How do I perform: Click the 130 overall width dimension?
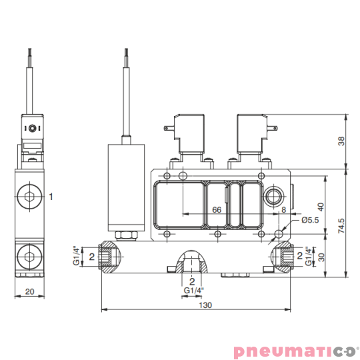(x=205, y=305)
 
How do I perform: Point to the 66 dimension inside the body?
(x=217, y=209)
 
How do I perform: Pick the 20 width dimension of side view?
(x=29, y=291)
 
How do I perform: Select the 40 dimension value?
(x=320, y=207)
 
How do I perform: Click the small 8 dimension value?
(x=284, y=209)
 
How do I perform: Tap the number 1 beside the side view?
(x=50, y=196)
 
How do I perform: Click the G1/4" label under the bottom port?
(x=193, y=291)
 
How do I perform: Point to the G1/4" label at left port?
(x=76, y=256)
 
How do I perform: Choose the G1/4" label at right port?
(x=308, y=256)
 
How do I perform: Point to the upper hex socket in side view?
(x=28, y=197)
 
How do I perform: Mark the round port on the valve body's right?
(x=273, y=195)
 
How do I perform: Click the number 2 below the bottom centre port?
(x=192, y=281)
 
